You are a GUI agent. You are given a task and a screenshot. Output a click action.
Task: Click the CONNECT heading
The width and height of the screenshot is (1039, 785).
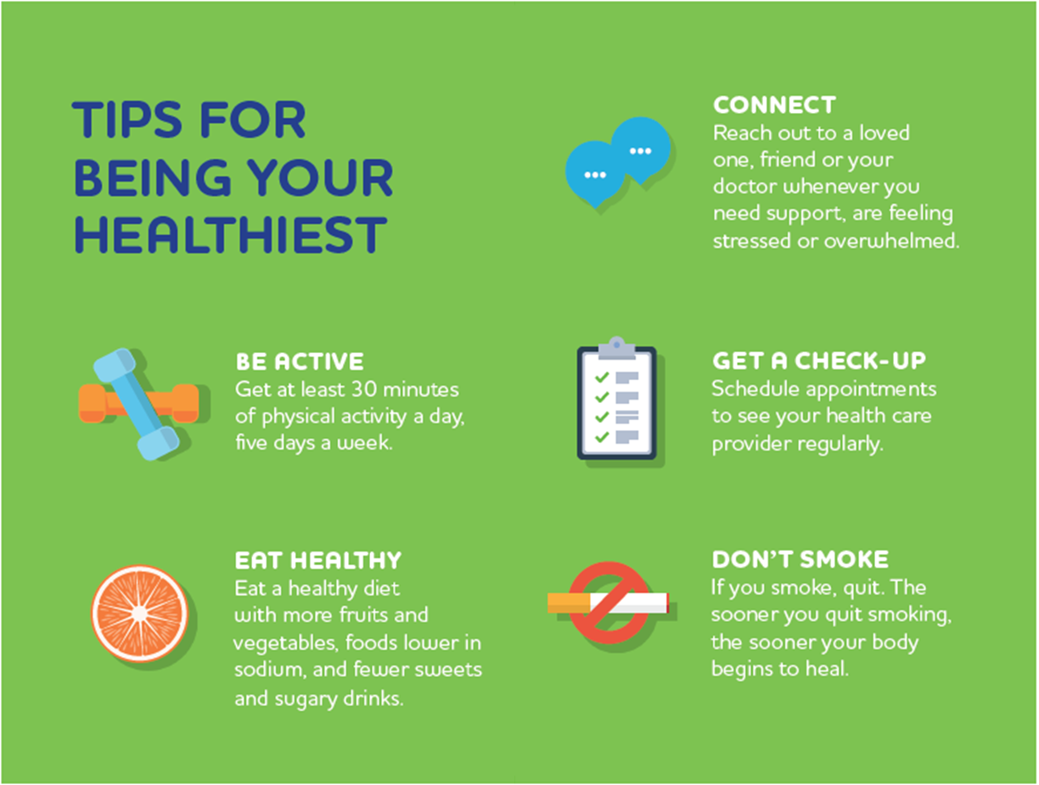(x=774, y=105)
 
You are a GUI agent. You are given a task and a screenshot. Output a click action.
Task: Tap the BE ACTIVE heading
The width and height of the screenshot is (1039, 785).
(x=300, y=362)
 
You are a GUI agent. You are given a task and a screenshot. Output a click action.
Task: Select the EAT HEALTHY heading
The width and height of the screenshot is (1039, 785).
(x=317, y=560)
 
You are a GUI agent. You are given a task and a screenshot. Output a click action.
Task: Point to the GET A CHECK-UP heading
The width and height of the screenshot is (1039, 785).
(x=819, y=361)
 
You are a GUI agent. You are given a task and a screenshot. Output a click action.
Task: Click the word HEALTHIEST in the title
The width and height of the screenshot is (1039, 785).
(x=231, y=234)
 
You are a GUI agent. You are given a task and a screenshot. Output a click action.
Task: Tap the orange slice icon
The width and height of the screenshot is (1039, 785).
(x=140, y=614)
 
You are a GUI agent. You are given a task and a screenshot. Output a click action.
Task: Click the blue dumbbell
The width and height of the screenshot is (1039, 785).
(x=137, y=404)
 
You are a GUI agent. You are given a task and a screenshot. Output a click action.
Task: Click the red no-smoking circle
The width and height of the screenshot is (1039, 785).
(x=609, y=603)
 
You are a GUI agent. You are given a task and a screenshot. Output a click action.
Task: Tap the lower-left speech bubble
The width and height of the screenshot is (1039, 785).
(x=595, y=174)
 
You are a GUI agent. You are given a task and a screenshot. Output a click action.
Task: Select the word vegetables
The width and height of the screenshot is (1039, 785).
(x=285, y=642)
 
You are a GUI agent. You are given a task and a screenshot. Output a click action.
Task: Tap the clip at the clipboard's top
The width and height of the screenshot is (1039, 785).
(x=616, y=348)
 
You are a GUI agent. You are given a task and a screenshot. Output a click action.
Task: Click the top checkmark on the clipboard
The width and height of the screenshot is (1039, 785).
(x=602, y=377)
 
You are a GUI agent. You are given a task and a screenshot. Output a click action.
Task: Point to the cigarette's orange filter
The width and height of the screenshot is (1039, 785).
(x=569, y=603)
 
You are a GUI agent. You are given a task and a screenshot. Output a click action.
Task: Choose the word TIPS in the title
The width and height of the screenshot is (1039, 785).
(x=126, y=120)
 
